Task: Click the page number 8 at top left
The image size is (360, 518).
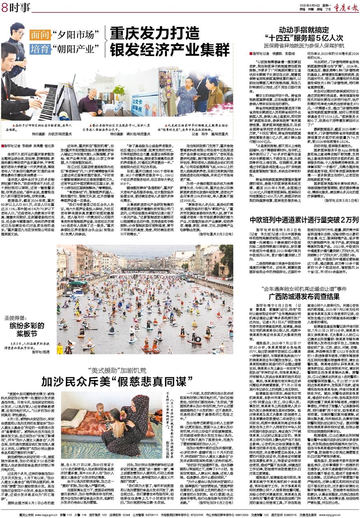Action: pos(5,6)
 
